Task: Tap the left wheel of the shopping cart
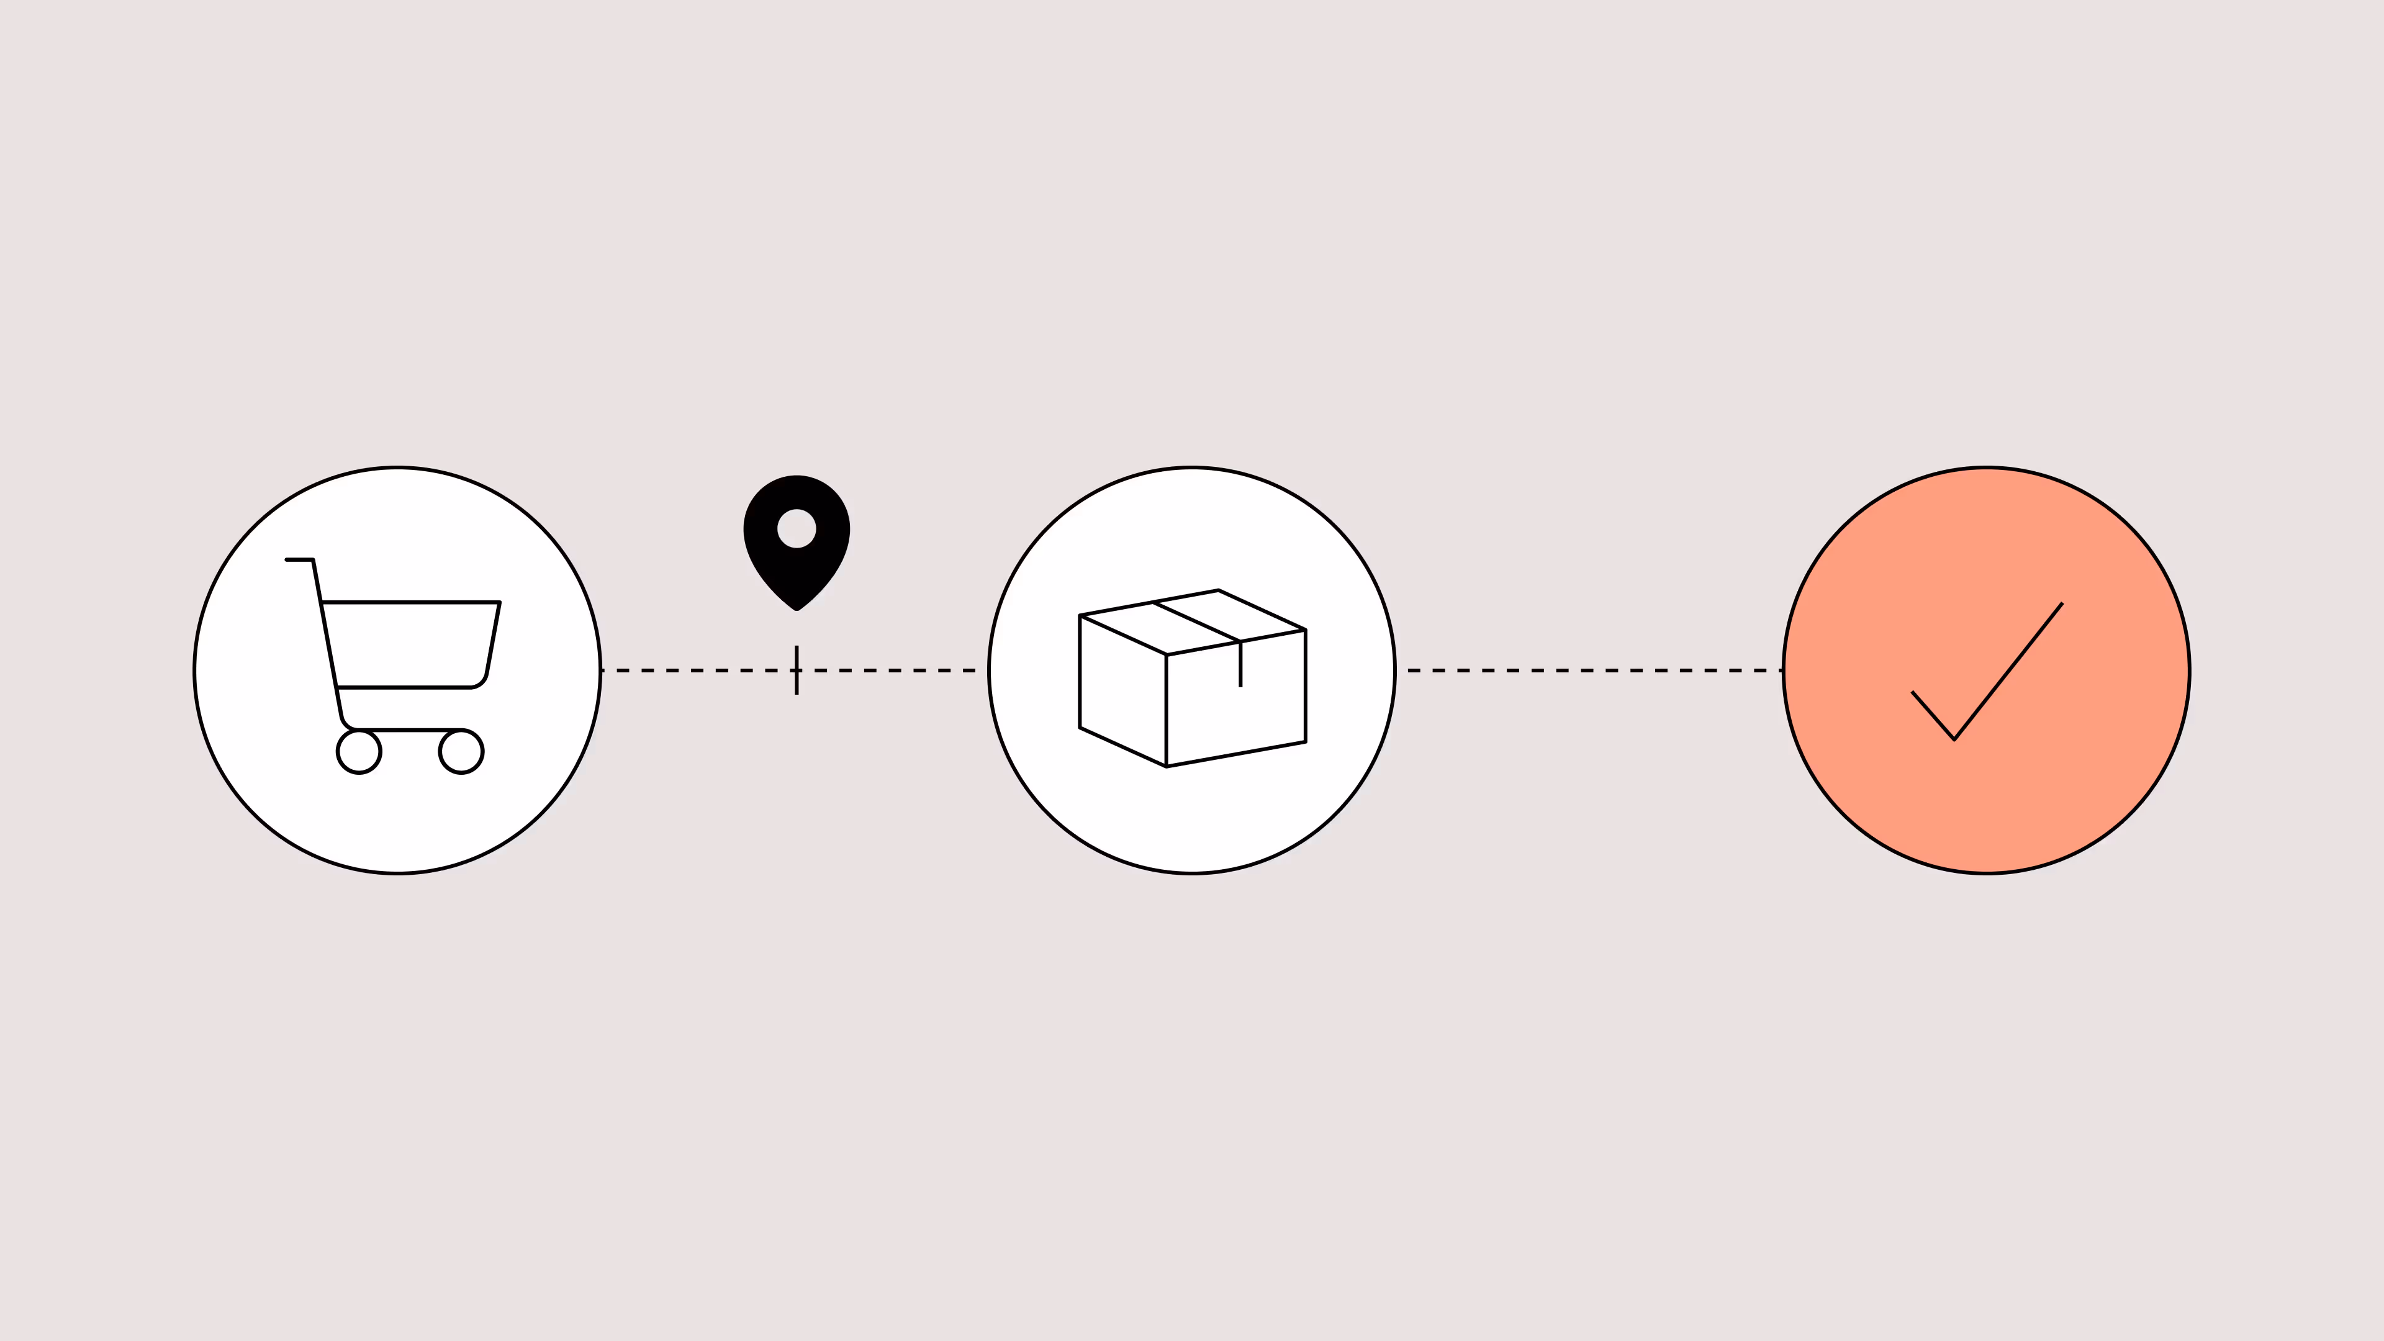click(359, 751)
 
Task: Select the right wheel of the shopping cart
click(461, 751)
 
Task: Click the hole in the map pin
click(797, 528)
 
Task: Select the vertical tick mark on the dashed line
click(797, 670)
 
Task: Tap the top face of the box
click(1192, 622)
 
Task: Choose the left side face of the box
click(1122, 690)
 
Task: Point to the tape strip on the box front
click(1240, 664)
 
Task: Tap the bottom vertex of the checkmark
click(1954, 739)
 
